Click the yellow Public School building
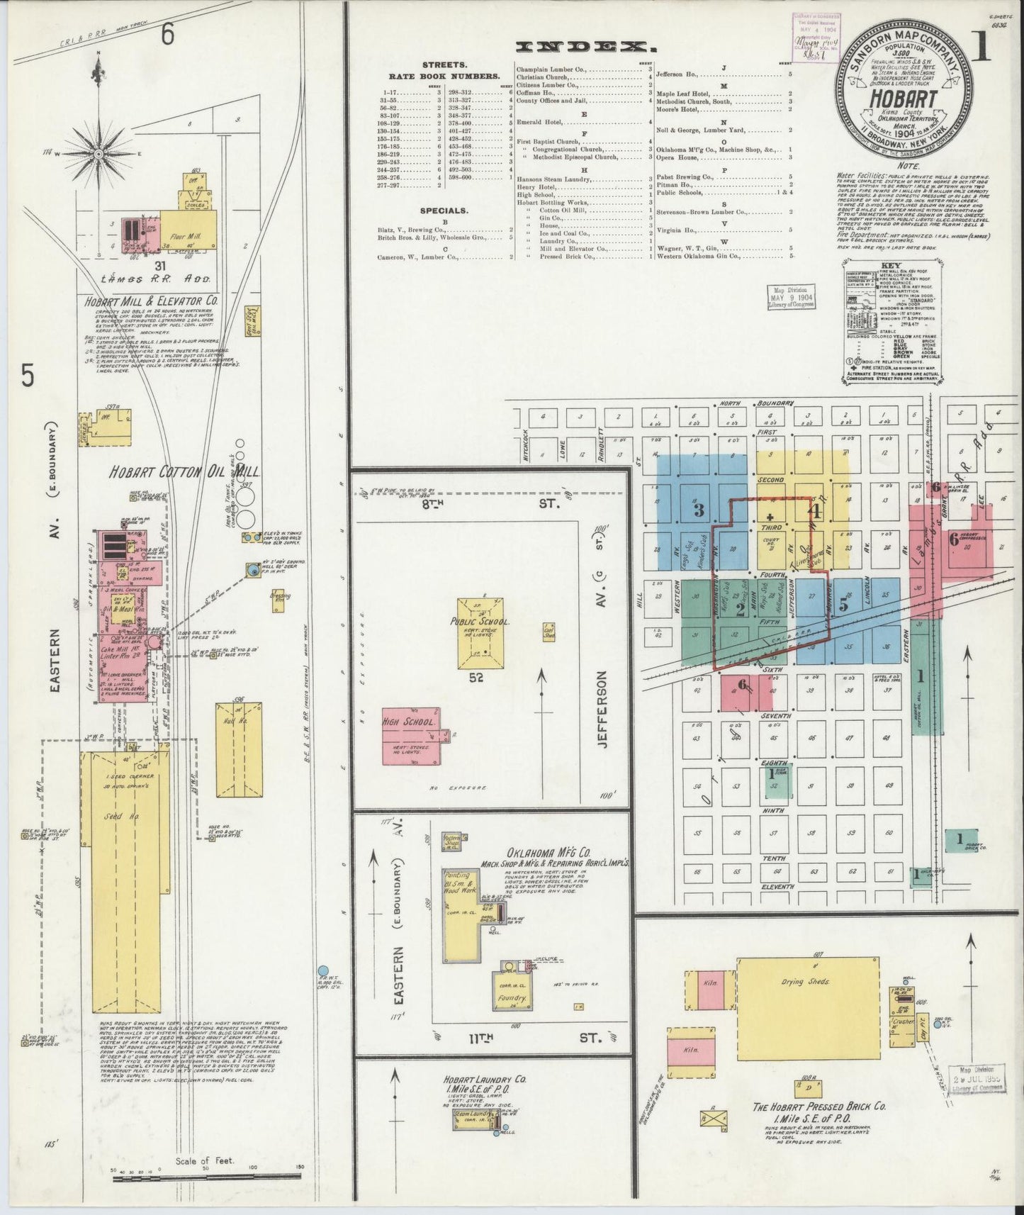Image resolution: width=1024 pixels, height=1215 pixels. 480,632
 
